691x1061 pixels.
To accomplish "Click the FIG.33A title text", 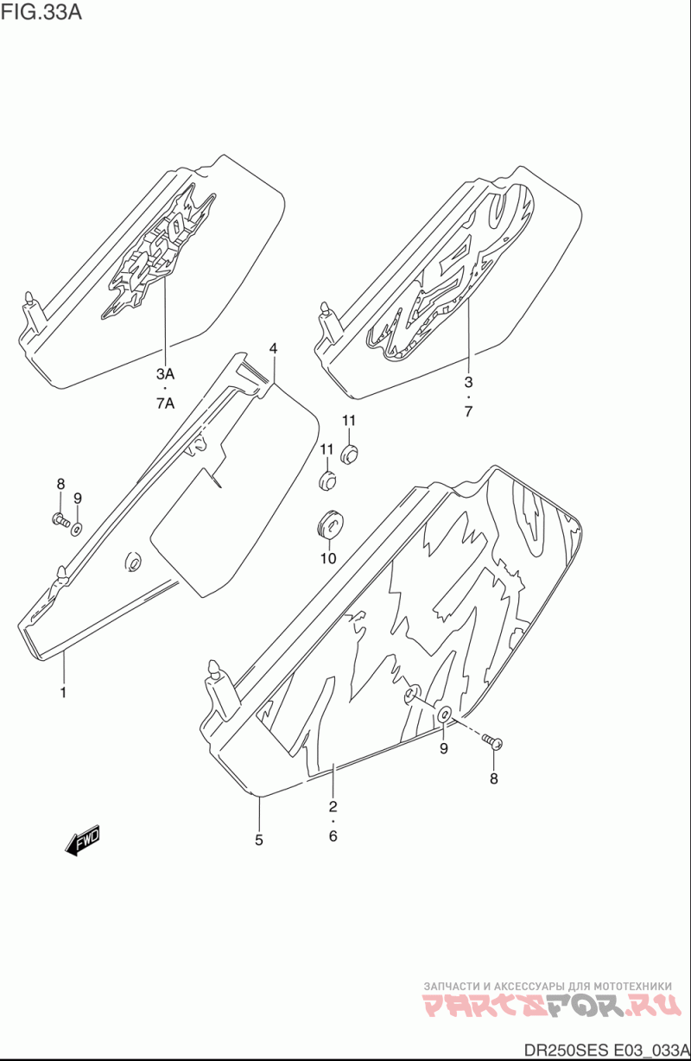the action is (x=41, y=11).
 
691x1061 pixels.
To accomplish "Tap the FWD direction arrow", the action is (x=82, y=841).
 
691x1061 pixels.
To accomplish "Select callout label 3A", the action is (x=165, y=374).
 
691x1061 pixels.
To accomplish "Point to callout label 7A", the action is (x=165, y=403).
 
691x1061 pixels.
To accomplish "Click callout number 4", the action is (x=273, y=348).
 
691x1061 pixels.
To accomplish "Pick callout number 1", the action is (x=63, y=692).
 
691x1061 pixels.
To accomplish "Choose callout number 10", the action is (x=328, y=558).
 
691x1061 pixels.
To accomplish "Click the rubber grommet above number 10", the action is (x=330, y=524).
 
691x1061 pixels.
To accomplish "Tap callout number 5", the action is (x=258, y=841).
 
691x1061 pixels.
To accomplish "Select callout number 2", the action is (x=333, y=806).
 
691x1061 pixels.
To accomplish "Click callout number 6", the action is (x=333, y=836).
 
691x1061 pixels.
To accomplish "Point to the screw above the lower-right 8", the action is (x=492, y=742).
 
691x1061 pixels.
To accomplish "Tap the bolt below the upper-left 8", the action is (x=60, y=519).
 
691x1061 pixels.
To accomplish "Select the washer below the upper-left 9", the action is (x=77, y=528).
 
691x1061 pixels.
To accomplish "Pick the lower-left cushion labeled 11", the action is (x=326, y=480).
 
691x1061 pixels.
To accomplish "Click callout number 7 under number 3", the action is (x=468, y=411).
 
